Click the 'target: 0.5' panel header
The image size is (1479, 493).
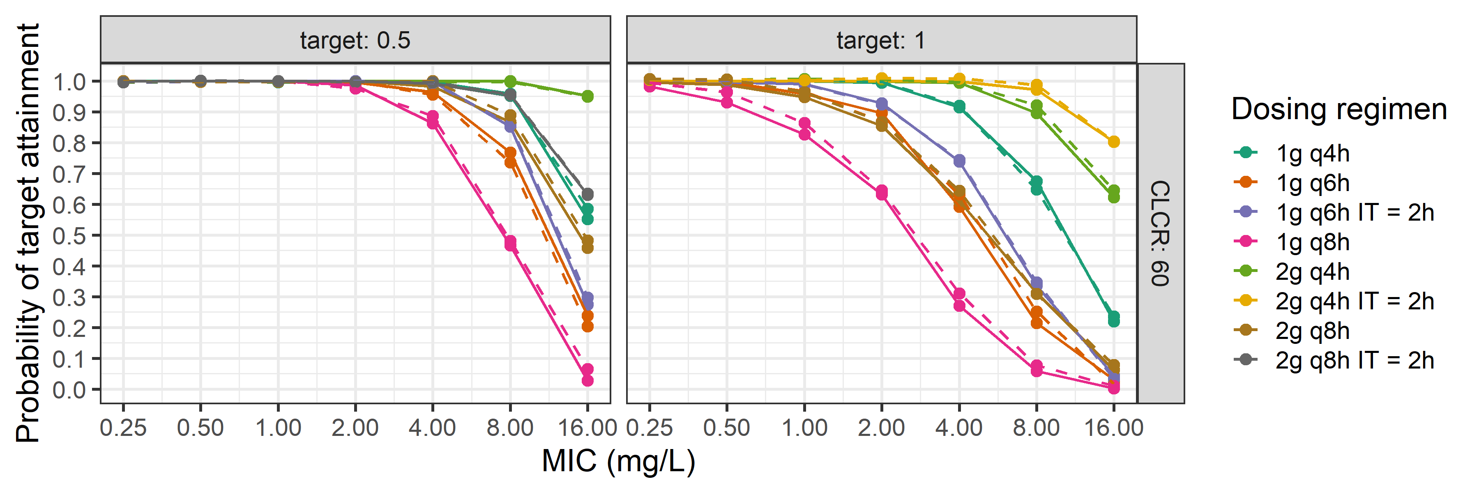(355, 40)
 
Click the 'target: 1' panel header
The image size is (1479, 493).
(881, 40)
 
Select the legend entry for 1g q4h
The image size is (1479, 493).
(1312, 153)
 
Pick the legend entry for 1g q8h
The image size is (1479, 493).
(1312, 242)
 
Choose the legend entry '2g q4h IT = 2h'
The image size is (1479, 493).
(1354, 301)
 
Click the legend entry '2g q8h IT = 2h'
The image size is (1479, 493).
(1354, 360)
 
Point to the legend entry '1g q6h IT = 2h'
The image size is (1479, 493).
(1354, 212)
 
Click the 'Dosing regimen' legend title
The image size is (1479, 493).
(1339, 109)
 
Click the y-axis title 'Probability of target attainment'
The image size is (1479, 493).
(28, 233)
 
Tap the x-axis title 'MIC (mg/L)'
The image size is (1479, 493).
(618, 461)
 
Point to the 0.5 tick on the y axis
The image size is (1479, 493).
(69, 235)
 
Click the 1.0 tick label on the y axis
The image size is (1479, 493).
(69, 81)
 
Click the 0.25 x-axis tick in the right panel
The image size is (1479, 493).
(650, 428)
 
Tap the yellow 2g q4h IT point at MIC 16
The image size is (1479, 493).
(1114, 142)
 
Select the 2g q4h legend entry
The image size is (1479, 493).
(1312, 272)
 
